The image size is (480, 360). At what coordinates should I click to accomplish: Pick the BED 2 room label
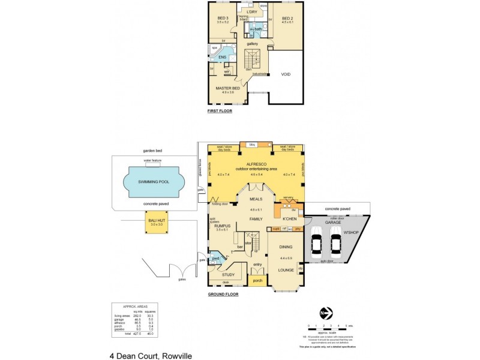(287, 18)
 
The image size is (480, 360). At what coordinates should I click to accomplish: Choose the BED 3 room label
(223, 18)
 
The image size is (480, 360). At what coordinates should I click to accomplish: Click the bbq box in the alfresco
(252, 145)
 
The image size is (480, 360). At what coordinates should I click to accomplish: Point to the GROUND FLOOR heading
(223, 295)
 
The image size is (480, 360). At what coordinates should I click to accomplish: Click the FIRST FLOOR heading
(220, 111)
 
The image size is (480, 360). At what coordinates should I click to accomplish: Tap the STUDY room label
(227, 275)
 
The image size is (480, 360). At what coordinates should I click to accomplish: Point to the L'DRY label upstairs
(252, 12)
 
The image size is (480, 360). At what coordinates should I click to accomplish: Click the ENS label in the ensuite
(221, 57)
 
